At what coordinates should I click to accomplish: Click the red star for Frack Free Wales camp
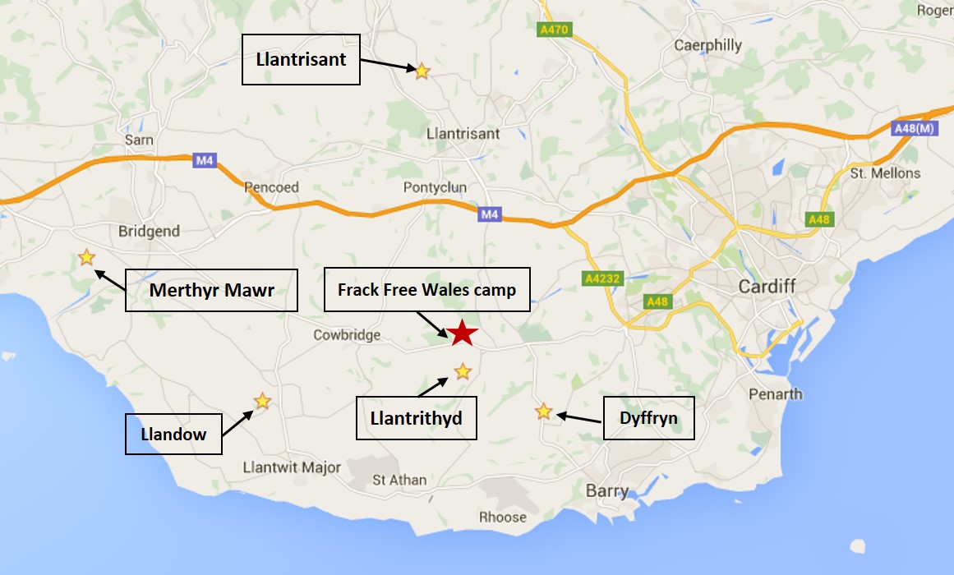[463, 333]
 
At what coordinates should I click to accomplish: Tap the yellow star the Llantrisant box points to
[422, 71]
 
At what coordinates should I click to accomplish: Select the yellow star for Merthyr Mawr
[86, 258]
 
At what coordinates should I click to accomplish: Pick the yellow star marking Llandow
[262, 401]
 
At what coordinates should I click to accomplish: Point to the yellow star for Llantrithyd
[463, 371]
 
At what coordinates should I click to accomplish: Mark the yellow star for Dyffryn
[544, 412]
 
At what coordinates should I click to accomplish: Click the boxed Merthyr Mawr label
[211, 290]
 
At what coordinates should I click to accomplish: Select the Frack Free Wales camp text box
[427, 289]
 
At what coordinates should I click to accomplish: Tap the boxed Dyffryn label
[649, 418]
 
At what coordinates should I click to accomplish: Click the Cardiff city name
[766, 287]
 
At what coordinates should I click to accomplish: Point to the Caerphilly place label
[707, 45]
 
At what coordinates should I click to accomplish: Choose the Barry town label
[607, 491]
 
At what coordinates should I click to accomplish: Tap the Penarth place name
[775, 393]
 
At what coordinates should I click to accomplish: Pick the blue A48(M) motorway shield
[913, 128]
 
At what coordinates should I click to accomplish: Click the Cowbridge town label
[347, 334]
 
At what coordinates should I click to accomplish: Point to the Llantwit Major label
[292, 467]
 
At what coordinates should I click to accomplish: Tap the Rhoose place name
[503, 517]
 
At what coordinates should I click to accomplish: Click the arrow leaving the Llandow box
[238, 421]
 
